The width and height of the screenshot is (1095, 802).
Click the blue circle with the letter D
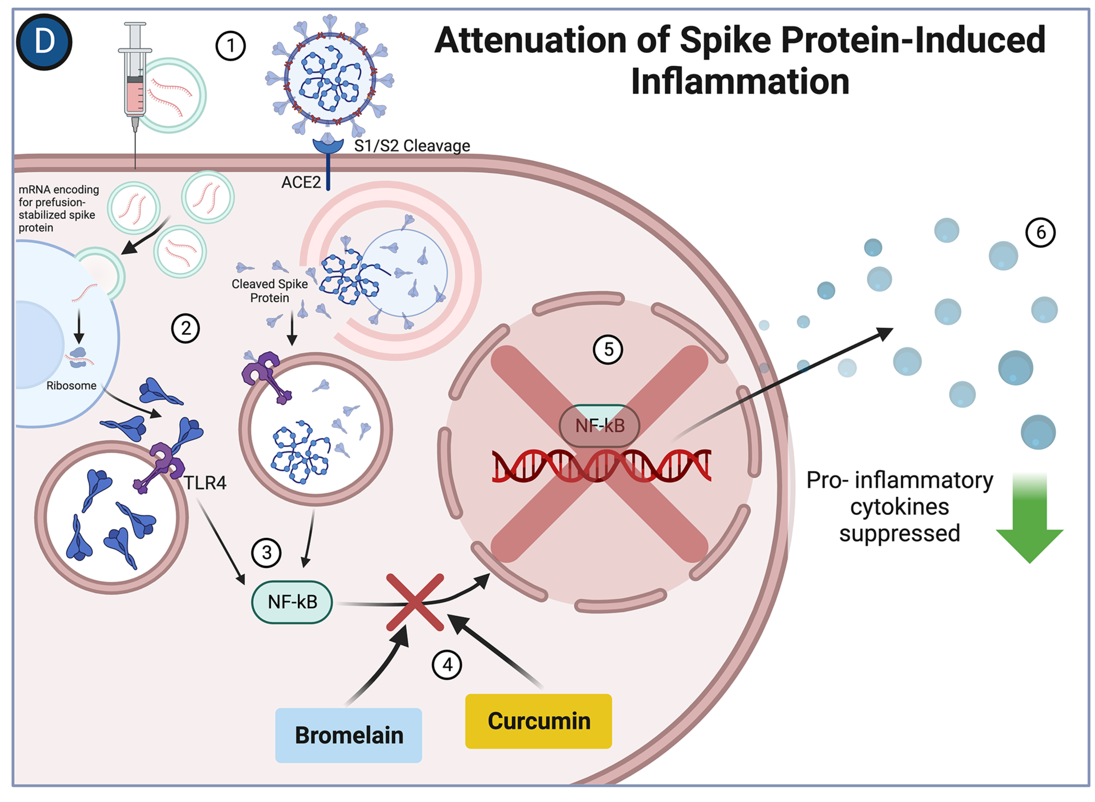click(x=44, y=42)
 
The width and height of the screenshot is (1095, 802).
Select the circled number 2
click(x=185, y=329)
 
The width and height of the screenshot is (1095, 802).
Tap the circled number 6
click(x=1040, y=233)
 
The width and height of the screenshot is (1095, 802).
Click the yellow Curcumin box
click(x=538, y=721)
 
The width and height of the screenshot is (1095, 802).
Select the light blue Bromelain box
click(x=348, y=735)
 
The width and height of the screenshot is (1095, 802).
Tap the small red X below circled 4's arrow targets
click(x=415, y=602)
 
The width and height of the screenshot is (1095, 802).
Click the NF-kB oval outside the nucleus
click(x=292, y=602)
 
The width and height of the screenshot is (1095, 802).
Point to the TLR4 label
click(x=205, y=483)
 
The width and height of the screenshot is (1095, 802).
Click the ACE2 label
click(x=301, y=183)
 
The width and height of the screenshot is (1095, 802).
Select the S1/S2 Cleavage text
click(x=412, y=146)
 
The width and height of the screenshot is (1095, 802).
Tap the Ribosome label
click(x=72, y=385)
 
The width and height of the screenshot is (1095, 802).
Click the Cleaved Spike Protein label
click(x=270, y=291)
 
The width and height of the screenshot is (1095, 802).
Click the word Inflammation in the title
click(x=740, y=81)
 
